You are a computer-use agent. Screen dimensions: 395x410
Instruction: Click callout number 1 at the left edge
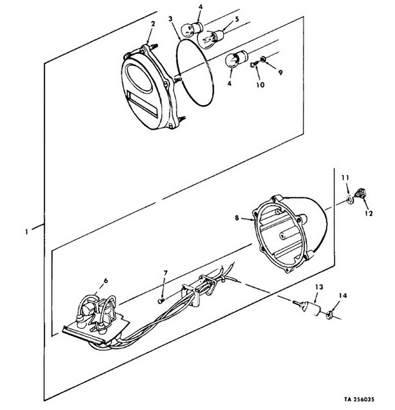pyautogui.click(x=27, y=232)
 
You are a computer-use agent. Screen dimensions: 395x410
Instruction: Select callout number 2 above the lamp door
pyautogui.click(x=153, y=23)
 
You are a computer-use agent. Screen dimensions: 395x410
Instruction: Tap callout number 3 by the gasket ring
pyautogui.click(x=171, y=19)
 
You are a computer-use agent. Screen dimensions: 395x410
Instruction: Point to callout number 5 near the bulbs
pyautogui.click(x=237, y=19)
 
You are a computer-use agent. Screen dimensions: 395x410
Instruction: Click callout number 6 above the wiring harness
pyautogui.click(x=106, y=281)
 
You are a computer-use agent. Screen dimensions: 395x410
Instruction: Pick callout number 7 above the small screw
pyautogui.click(x=165, y=273)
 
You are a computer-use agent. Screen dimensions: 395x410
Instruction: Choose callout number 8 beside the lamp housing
pyautogui.click(x=237, y=217)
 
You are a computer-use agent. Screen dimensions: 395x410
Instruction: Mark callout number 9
pyautogui.click(x=280, y=72)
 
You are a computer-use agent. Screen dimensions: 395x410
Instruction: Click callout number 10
pyautogui.click(x=261, y=85)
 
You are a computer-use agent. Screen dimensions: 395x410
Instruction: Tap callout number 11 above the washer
pyautogui.click(x=345, y=178)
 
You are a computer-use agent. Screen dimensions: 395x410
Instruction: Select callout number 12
pyautogui.click(x=369, y=213)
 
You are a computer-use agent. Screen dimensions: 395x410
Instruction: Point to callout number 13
pyautogui.click(x=319, y=287)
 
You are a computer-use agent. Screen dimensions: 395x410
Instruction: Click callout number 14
pyautogui.click(x=342, y=295)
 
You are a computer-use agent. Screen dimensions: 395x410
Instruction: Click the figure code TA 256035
pyautogui.click(x=359, y=399)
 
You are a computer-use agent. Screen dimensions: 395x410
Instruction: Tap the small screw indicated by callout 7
pyautogui.click(x=160, y=301)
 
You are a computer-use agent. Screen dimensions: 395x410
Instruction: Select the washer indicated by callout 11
pyautogui.click(x=349, y=200)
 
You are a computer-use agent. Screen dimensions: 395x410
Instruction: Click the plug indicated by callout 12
pyautogui.click(x=360, y=193)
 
